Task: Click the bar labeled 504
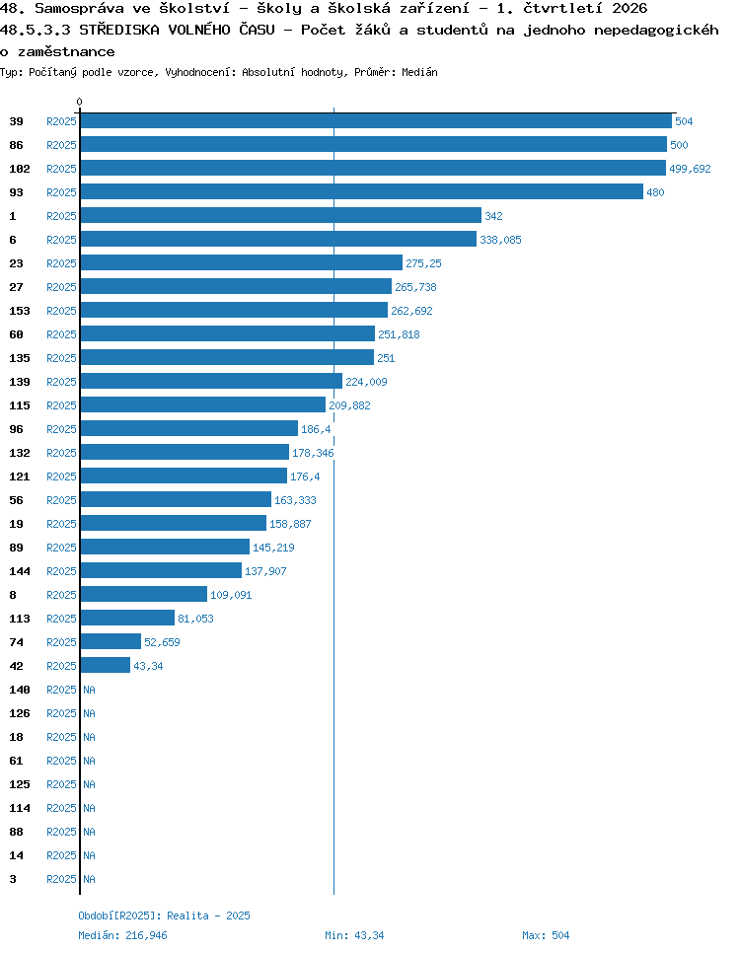(x=376, y=121)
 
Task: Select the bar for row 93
(x=362, y=192)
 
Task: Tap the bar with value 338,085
(x=278, y=240)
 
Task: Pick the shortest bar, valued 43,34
(x=106, y=666)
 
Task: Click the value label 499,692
(x=690, y=169)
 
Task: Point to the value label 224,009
(x=366, y=382)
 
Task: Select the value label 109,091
(x=231, y=595)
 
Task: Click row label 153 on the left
(x=20, y=311)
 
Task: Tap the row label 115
(x=20, y=405)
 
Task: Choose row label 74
(x=17, y=642)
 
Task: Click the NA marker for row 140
(x=90, y=690)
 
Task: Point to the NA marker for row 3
(x=90, y=879)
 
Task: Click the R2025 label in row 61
(x=61, y=761)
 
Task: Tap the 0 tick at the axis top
(x=80, y=102)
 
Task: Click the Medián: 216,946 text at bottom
(x=122, y=935)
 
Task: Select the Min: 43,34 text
(x=354, y=935)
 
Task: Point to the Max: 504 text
(x=546, y=935)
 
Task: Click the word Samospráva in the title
(x=79, y=9)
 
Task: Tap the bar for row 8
(x=143, y=595)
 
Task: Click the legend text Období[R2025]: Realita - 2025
(x=164, y=916)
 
